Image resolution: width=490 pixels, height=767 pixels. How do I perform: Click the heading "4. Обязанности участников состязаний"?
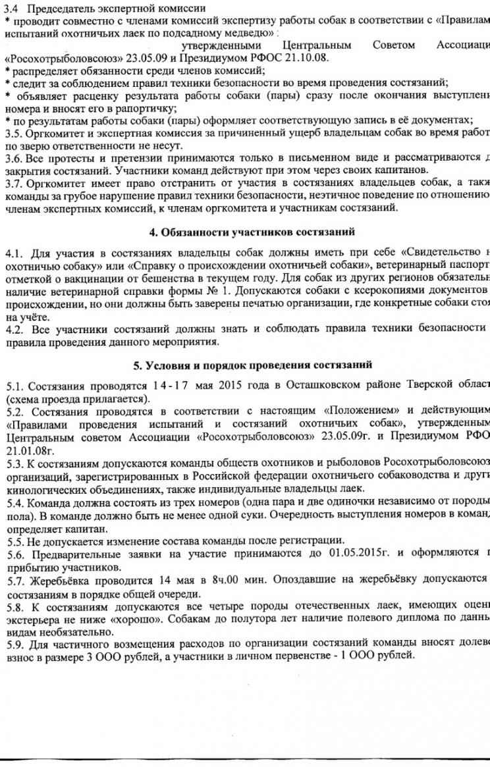pos(252,232)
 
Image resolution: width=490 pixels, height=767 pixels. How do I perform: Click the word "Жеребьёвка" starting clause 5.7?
pos(59,581)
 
